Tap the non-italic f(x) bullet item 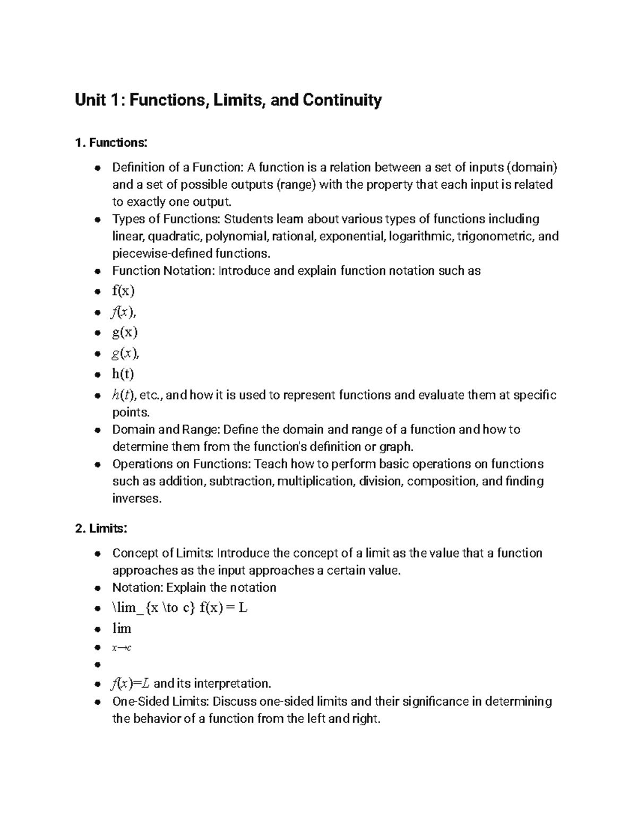point(123,291)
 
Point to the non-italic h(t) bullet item point(123,374)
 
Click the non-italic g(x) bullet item point(125,333)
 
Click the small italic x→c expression point(122,648)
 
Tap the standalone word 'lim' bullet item point(122,629)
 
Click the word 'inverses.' point(136,499)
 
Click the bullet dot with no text point(97,665)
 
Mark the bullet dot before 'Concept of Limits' point(97,554)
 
